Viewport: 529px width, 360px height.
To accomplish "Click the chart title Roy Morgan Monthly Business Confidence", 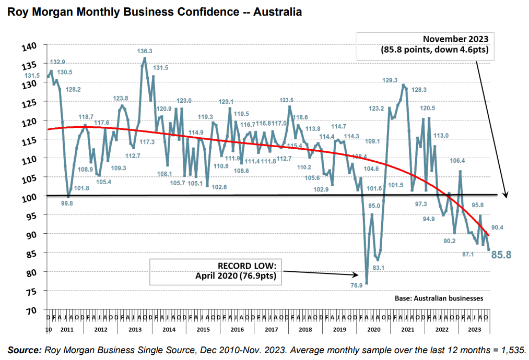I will (x=154, y=11).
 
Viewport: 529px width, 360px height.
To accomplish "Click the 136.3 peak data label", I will (x=145, y=51).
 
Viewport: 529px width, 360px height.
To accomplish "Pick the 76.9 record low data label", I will (x=357, y=285).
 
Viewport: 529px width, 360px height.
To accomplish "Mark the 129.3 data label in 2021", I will (x=390, y=80).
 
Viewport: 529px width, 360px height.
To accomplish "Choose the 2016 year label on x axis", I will (x=237, y=329).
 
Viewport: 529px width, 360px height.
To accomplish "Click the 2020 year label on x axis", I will (x=373, y=329).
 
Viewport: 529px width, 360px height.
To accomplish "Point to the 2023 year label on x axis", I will (x=474, y=329).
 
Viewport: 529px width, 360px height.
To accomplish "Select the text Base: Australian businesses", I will (x=439, y=298).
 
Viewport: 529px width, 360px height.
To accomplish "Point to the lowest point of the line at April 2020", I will (x=367, y=283).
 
